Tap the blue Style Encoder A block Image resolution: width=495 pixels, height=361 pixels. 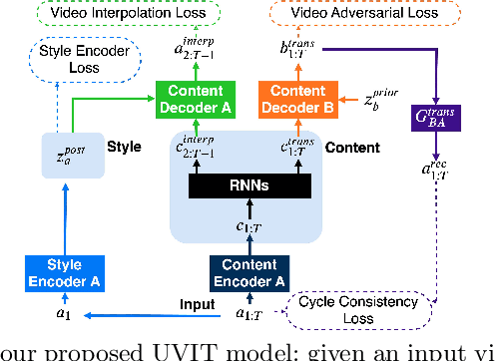point(65,269)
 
